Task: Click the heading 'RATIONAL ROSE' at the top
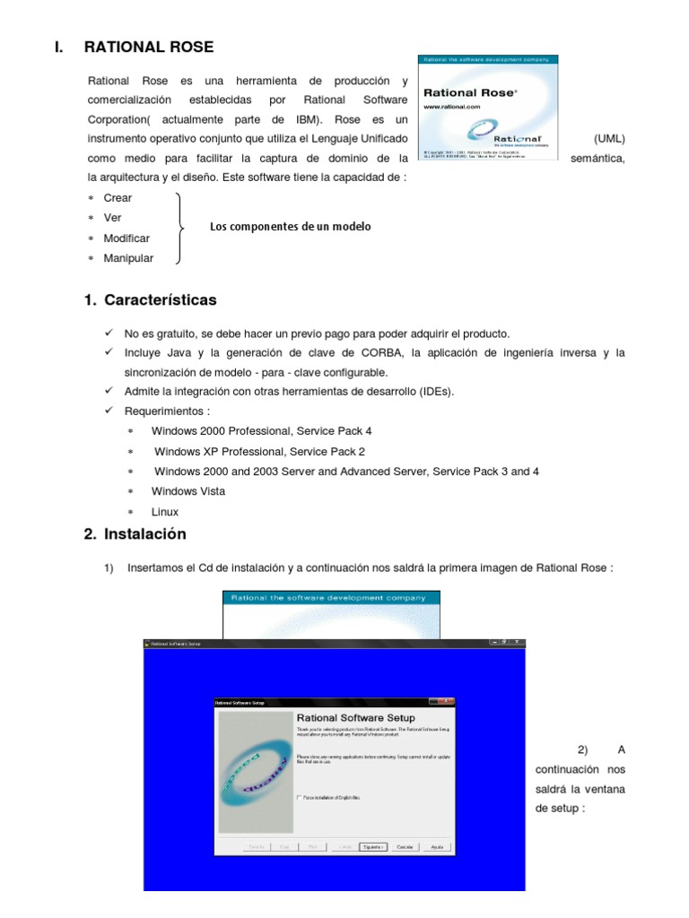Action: [x=149, y=47]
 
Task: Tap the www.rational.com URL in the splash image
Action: [x=452, y=106]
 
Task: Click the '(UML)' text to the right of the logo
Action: [x=609, y=139]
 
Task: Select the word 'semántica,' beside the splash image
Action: [x=597, y=159]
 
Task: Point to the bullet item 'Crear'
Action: [x=118, y=198]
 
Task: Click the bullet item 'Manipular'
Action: [x=128, y=258]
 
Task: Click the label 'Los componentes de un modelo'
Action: [x=290, y=227]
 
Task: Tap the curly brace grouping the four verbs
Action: [x=182, y=228]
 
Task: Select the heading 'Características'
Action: [x=160, y=300]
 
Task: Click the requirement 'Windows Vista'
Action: [x=188, y=491]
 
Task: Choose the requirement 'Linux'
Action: [x=165, y=512]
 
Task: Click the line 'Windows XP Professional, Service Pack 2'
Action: [x=259, y=452]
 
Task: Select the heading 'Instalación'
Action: [x=144, y=534]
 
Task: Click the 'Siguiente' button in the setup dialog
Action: [x=372, y=846]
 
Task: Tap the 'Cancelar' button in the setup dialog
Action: [x=405, y=846]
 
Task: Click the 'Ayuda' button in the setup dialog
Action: [x=437, y=846]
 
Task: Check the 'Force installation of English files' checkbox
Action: [x=299, y=796]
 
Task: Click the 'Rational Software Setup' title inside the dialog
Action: [x=355, y=718]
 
